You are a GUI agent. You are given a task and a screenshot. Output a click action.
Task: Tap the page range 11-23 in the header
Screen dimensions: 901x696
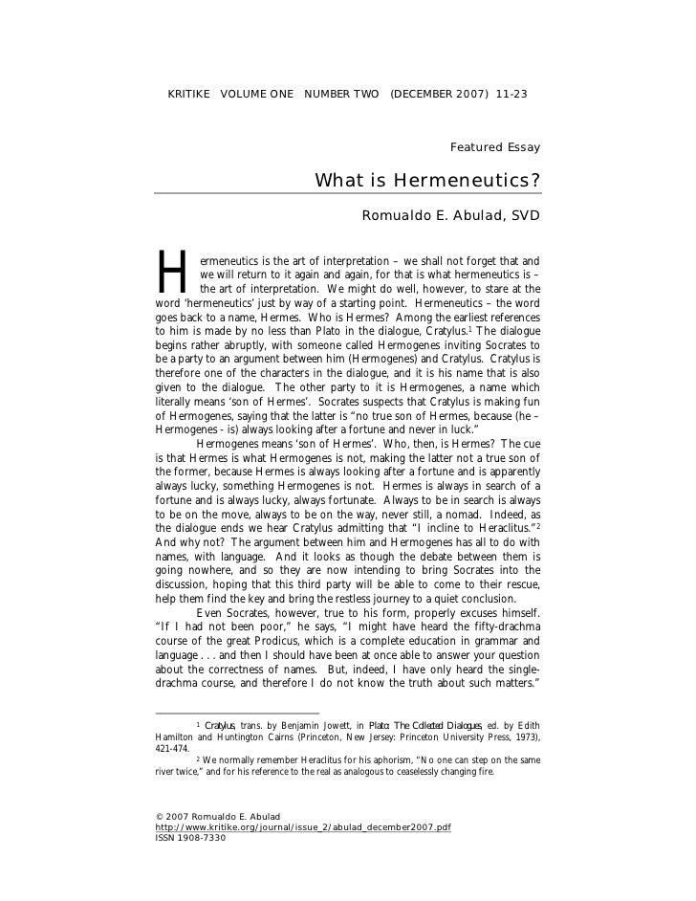point(511,95)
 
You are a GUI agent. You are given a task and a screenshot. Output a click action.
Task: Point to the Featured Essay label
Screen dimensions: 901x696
point(494,147)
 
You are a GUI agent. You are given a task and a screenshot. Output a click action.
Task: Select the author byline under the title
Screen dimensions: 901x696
point(450,216)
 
